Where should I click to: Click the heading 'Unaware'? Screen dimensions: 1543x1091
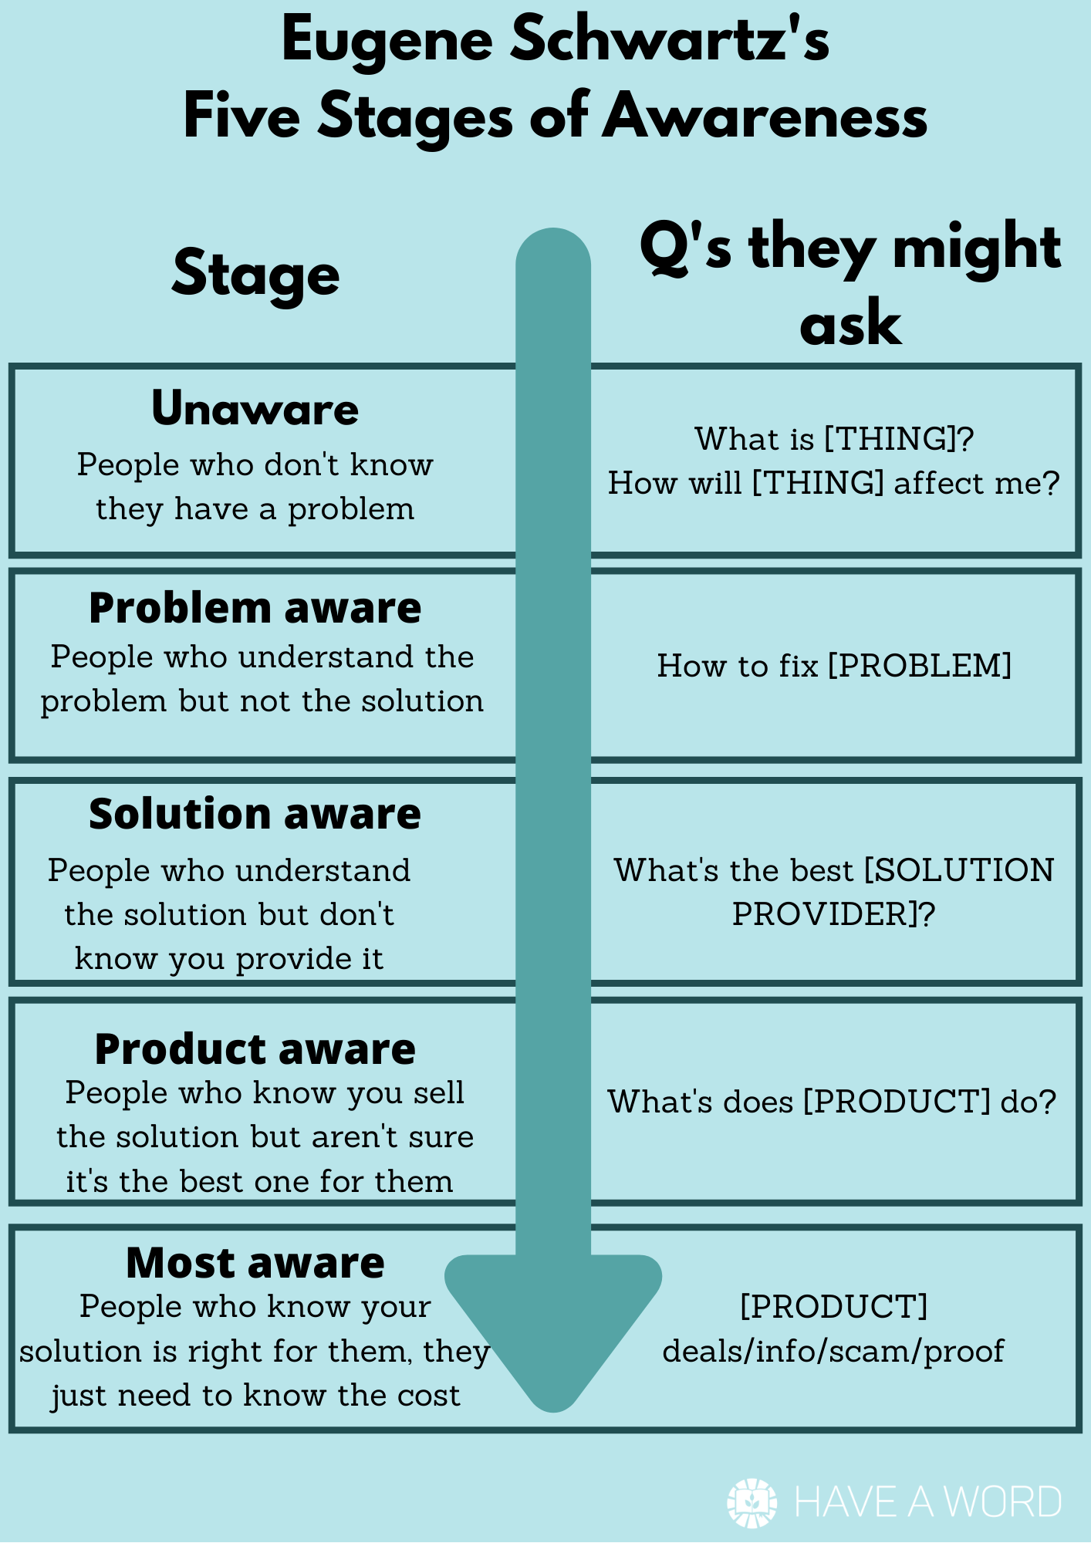[x=255, y=408]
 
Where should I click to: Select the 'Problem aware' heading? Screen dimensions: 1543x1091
[x=255, y=608]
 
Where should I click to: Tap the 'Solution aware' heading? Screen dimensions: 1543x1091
[x=255, y=814]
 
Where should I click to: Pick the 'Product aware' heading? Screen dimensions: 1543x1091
[x=255, y=1049]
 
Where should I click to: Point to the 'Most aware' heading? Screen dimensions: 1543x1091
[x=255, y=1263]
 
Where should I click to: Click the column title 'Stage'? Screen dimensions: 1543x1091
[x=255, y=275]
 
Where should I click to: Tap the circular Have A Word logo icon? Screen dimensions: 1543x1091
[x=752, y=1502]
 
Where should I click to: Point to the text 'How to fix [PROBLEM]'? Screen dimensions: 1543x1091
[x=834, y=666]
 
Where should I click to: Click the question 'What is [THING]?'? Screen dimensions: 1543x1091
[x=834, y=439]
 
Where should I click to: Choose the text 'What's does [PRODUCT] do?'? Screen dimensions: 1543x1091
[x=832, y=1102]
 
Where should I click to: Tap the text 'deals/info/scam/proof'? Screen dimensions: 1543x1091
[x=833, y=1352]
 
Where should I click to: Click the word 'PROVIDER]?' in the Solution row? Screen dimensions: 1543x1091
[x=833, y=915]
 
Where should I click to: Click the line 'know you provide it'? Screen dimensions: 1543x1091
[x=229, y=959]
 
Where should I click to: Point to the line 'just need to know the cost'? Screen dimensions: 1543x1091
[x=255, y=1396]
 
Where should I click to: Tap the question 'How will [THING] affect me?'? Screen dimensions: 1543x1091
[x=834, y=484]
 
